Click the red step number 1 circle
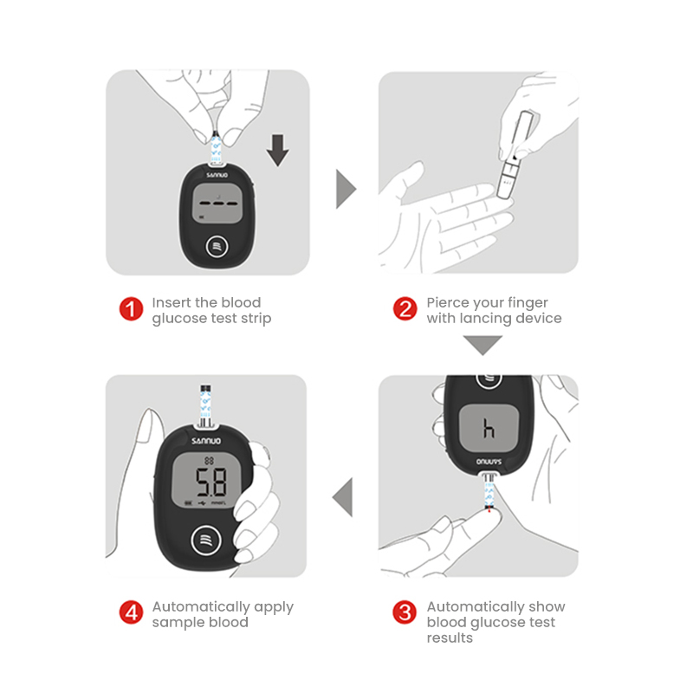tap(132, 309)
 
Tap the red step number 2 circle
tap(405, 308)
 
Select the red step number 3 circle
tap(405, 612)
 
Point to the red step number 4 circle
tap(132, 612)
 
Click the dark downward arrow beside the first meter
tap(277, 150)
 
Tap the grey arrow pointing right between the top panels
tap(346, 189)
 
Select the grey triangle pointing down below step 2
tap(483, 345)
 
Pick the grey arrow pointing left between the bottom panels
tap(343, 497)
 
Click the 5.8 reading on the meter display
tap(211, 483)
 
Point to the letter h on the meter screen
tap(489, 428)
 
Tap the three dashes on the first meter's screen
tap(218, 204)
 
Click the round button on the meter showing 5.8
tap(206, 540)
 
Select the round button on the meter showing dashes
tap(217, 247)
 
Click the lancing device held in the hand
tap(515, 154)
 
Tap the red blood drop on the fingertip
tap(489, 510)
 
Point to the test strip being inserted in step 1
tap(216, 147)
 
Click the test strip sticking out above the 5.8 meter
tap(205, 405)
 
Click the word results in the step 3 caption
tap(450, 638)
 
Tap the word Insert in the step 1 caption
tap(172, 302)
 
